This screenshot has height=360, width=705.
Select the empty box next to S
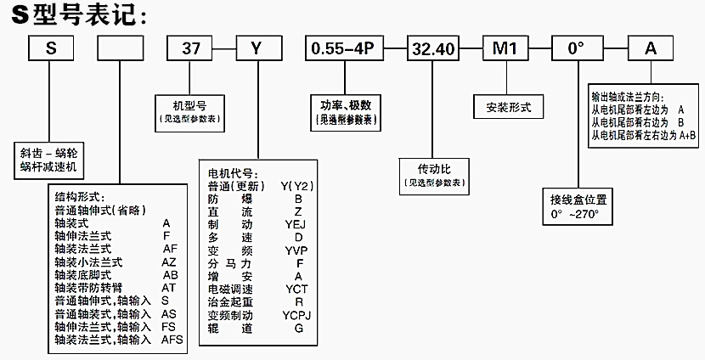pyautogui.click(x=120, y=48)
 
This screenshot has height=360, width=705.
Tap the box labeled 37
pyautogui.click(x=190, y=48)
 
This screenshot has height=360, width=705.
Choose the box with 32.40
pyautogui.click(x=432, y=48)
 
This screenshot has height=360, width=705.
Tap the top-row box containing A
pyautogui.click(x=651, y=48)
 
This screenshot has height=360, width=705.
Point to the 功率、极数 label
pyautogui.click(x=346, y=104)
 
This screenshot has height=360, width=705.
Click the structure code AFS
pyautogui.click(x=172, y=339)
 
